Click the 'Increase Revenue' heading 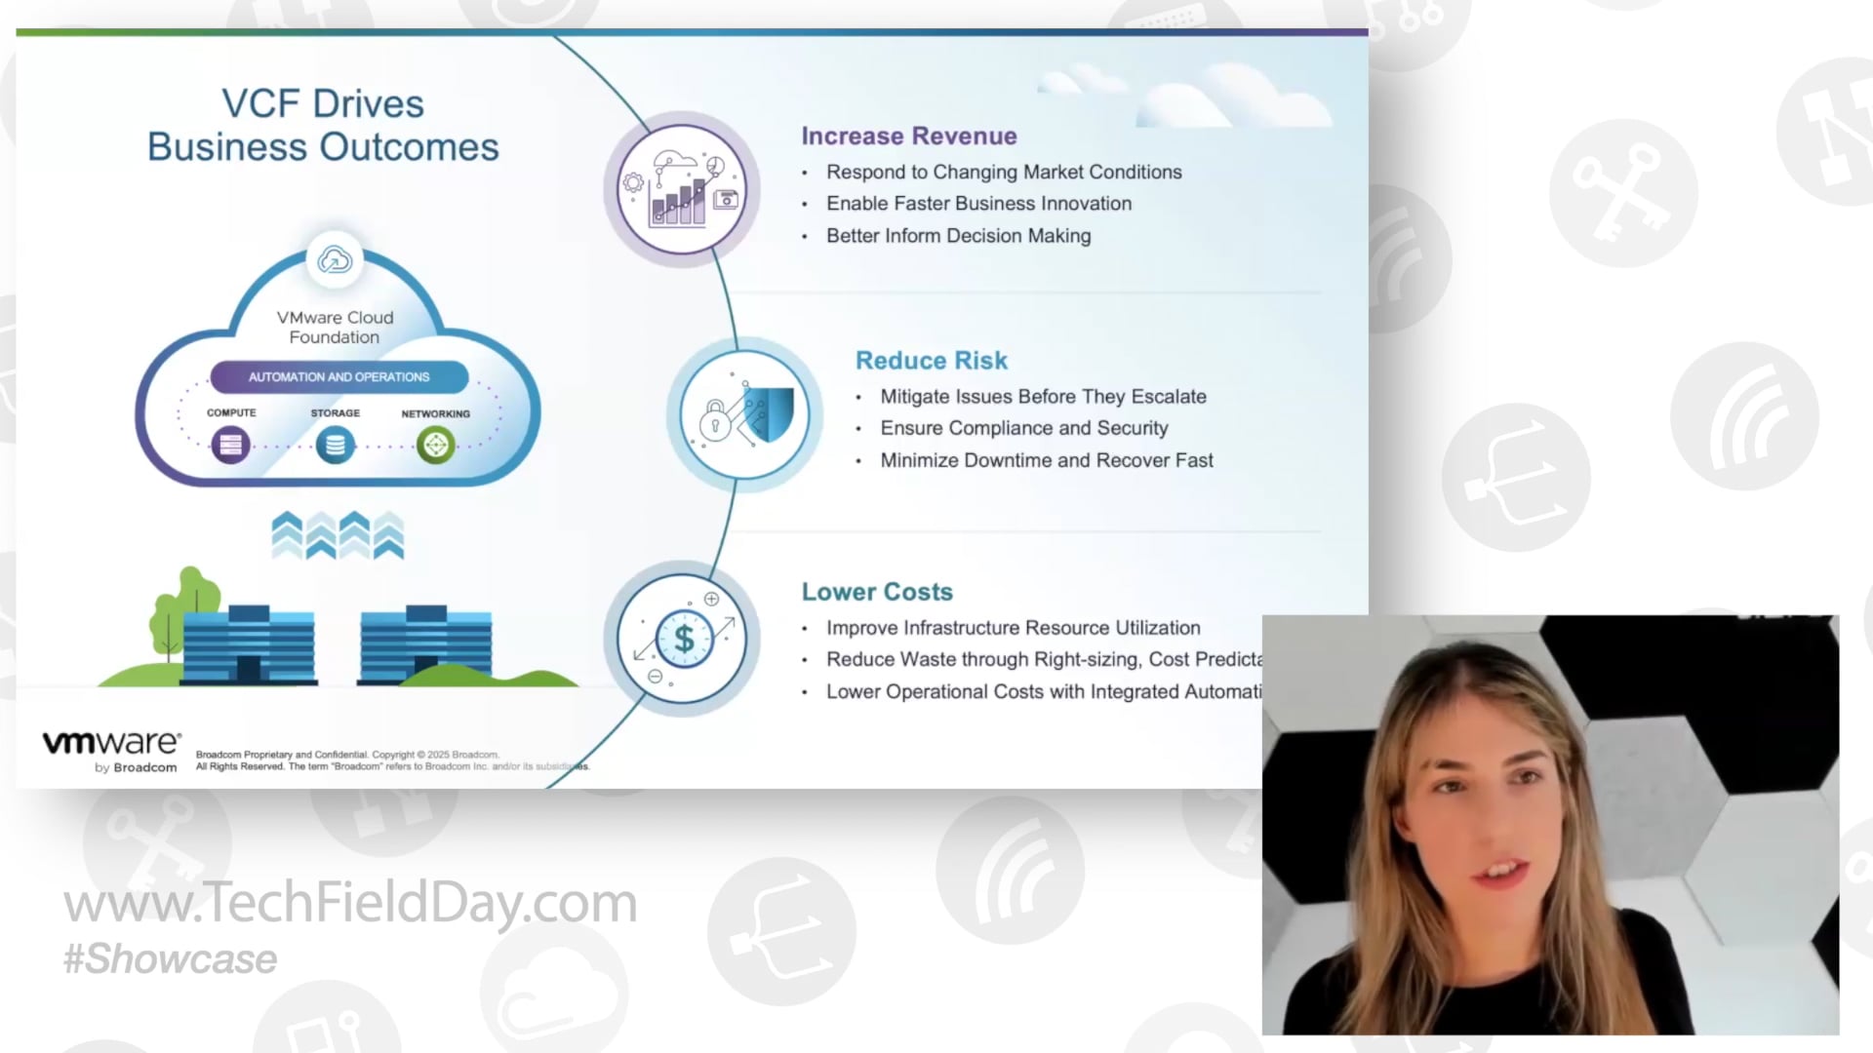[908, 136]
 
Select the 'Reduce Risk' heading [931, 361]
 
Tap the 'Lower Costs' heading [877, 592]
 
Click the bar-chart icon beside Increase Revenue [681, 189]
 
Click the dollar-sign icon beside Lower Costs [683, 640]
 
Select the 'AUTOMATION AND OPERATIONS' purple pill [339, 377]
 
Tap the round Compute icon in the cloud [231, 446]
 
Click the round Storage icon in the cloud [335, 446]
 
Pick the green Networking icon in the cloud [435, 446]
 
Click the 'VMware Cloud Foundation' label [335, 328]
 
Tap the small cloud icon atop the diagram [335, 260]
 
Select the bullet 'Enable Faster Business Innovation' [978, 204]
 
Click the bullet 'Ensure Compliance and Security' [1023, 428]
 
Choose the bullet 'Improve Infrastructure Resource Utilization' [1013, 628]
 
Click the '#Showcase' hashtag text [171, 959]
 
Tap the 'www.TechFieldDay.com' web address [350, 903]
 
